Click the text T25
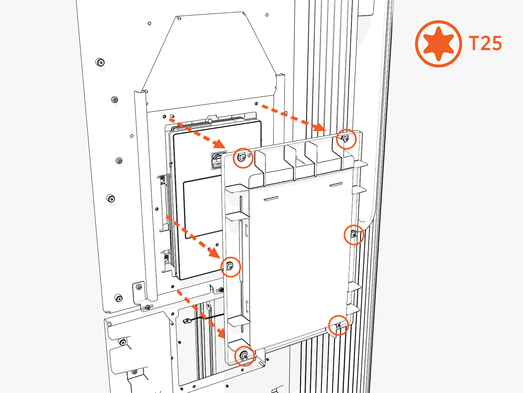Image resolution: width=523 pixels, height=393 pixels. point(485,44)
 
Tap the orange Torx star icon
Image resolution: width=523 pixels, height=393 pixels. point(438,44)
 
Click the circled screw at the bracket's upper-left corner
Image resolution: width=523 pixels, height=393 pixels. point(242,158)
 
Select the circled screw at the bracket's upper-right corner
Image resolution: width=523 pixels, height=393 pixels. point(345,139)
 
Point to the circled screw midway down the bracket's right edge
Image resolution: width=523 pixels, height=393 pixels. point(354,234)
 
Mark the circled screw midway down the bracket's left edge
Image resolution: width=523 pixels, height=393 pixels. point(230,267)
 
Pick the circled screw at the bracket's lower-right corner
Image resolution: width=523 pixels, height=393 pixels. point(339,325)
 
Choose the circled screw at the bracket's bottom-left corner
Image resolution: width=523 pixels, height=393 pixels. point(244,355)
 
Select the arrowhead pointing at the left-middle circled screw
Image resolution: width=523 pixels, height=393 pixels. point(214,253)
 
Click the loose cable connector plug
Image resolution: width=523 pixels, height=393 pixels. point(186,321)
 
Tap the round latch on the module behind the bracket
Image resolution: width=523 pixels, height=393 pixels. point(218,158)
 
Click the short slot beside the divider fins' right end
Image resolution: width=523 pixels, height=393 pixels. point(336,184)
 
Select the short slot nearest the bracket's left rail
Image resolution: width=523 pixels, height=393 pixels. point(271,198)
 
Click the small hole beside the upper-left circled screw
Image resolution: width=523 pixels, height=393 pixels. point(249,156)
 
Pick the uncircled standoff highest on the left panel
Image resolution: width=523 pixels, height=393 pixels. point(100,62)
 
